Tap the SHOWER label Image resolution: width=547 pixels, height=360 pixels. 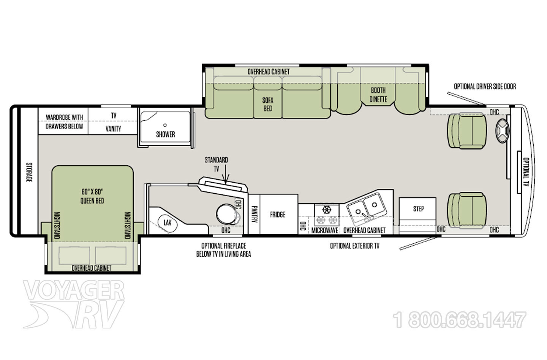(165, 134)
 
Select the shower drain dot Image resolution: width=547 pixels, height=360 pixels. (165, 125)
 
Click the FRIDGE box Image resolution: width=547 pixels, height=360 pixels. (278, 215)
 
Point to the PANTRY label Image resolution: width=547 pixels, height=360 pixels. (254, 215)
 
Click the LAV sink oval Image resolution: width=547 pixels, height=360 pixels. (168, 222)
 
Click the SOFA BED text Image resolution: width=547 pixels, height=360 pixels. (267, 104)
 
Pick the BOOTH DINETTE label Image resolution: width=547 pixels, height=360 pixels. (378, 95)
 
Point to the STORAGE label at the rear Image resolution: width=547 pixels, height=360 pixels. (28, 172)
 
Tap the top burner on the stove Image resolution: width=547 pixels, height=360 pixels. (327, 209)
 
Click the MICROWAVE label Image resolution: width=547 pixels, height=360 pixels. (325, 230)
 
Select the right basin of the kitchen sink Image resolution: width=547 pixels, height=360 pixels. (374, 205)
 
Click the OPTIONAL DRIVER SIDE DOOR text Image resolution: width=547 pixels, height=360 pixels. (485, 87)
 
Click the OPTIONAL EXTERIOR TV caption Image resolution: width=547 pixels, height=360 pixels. (354, 246)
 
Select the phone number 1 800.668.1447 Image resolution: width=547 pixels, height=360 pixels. (460, 320)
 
